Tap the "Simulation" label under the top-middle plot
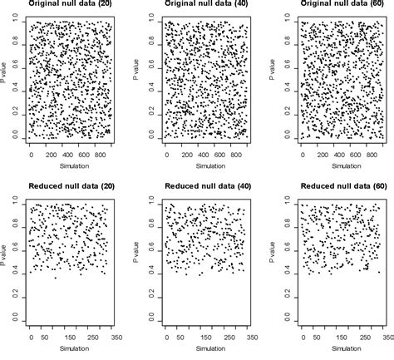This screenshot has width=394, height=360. coord(204,166)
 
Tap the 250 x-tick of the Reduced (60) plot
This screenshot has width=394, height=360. coord(363,338)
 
